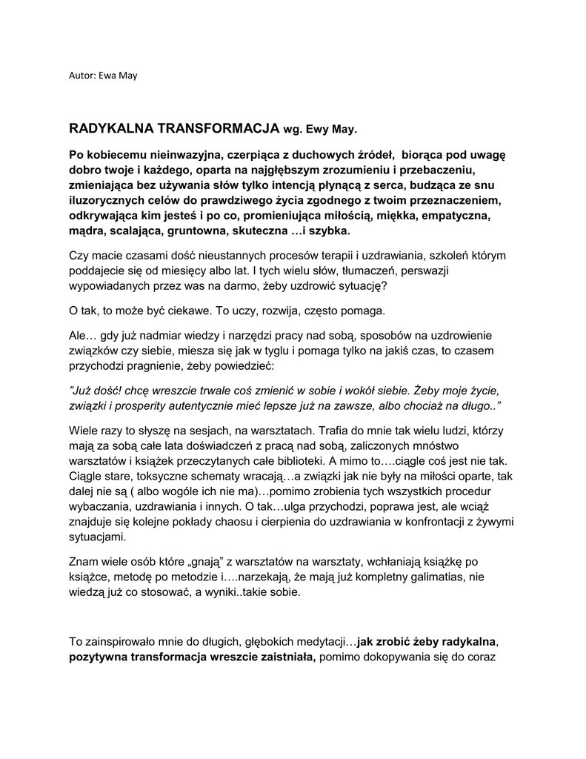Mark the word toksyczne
coord(167,477)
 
